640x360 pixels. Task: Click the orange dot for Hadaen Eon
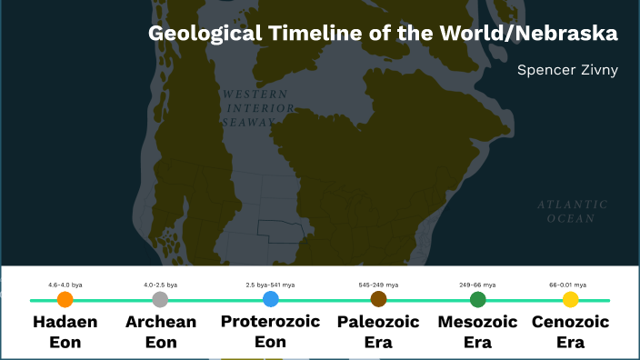coord(65,299)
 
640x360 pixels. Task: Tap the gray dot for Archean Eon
coord(160,299)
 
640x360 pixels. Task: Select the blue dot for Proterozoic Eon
coord(270,299)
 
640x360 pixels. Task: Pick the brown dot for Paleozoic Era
coord(378,299)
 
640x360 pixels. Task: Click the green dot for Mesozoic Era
coord(477,299)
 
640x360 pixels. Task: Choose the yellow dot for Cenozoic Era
coord(570,299)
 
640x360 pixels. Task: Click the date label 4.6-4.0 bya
coord(65,285)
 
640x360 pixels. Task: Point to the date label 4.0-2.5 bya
coord(160,285)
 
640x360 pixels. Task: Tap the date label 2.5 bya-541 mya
coord(270,285)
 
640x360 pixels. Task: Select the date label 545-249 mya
coord(378,285)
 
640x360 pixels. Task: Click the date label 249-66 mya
coord(477,285)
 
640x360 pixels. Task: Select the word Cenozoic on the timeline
coord(570,322)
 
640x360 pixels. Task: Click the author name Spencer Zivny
coord(567,69)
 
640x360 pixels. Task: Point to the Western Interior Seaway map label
coord(257,107)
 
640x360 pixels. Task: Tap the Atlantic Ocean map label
coord(571,211)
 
